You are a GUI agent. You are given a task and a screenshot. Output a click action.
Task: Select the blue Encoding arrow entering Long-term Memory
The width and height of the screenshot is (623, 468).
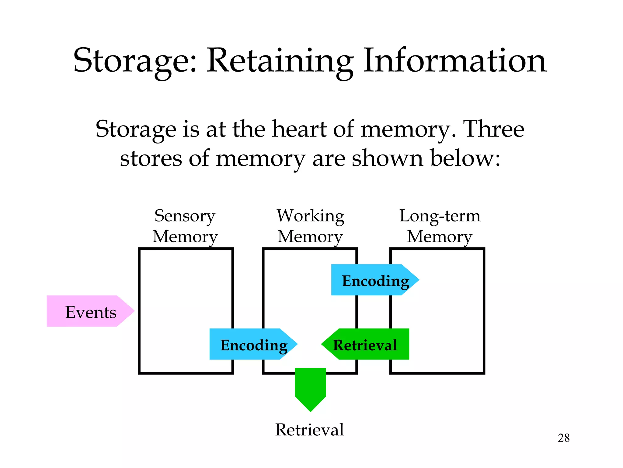click(374, 280)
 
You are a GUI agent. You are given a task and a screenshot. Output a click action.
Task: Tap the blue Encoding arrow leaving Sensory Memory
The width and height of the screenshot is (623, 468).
click(252, 344)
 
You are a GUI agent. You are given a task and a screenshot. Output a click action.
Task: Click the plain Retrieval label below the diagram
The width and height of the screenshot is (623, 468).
click(309, 430)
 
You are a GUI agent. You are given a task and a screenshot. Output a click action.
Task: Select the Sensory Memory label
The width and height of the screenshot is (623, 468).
click(185, 226)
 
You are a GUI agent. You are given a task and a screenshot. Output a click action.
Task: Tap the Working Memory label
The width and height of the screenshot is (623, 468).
click(310, 226)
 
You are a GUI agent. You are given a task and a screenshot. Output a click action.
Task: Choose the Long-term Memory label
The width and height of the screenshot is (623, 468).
click(440, 226)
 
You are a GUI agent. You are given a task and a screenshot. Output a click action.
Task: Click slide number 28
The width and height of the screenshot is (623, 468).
click(563, 438)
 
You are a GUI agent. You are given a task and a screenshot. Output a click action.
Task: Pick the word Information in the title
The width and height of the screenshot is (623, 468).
click(455, 61)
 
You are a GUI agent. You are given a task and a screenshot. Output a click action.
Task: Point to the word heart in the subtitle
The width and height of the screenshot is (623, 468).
click(299, 129)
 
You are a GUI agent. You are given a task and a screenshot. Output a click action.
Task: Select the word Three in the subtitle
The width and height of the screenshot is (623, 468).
click(493, 129)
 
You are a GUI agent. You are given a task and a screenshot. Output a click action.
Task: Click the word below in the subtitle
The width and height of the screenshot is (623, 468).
click(465, 158)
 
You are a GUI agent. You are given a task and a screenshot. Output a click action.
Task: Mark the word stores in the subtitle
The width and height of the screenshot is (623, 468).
click(151, 158)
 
